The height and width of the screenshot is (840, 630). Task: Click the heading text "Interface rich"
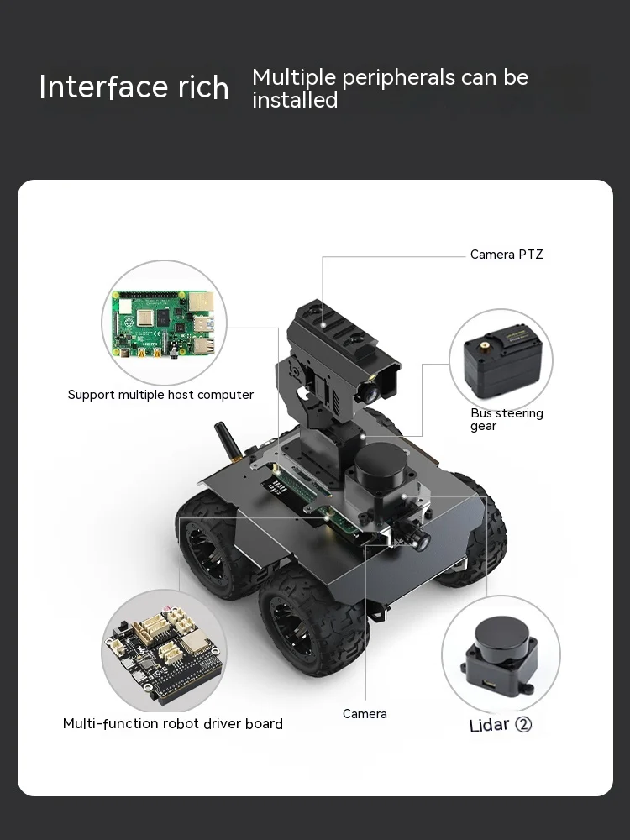coord(134,87)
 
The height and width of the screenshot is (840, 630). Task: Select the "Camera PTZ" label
coord(507,255)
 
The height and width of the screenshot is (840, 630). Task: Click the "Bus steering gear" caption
coord(507,419)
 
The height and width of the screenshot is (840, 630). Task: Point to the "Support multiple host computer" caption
coord(160,395)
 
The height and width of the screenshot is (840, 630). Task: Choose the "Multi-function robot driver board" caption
coord(172,724)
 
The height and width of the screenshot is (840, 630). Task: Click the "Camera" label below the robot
coord(365,714)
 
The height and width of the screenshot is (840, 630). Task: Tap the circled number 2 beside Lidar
coord(522,725)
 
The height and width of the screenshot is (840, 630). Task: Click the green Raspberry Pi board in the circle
coord(164,323)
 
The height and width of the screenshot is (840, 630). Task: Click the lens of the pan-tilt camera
coord(369,393)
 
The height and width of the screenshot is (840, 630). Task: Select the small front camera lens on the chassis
coord(421,542)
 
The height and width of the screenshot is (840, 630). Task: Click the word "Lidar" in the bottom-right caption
coord(489,725)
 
